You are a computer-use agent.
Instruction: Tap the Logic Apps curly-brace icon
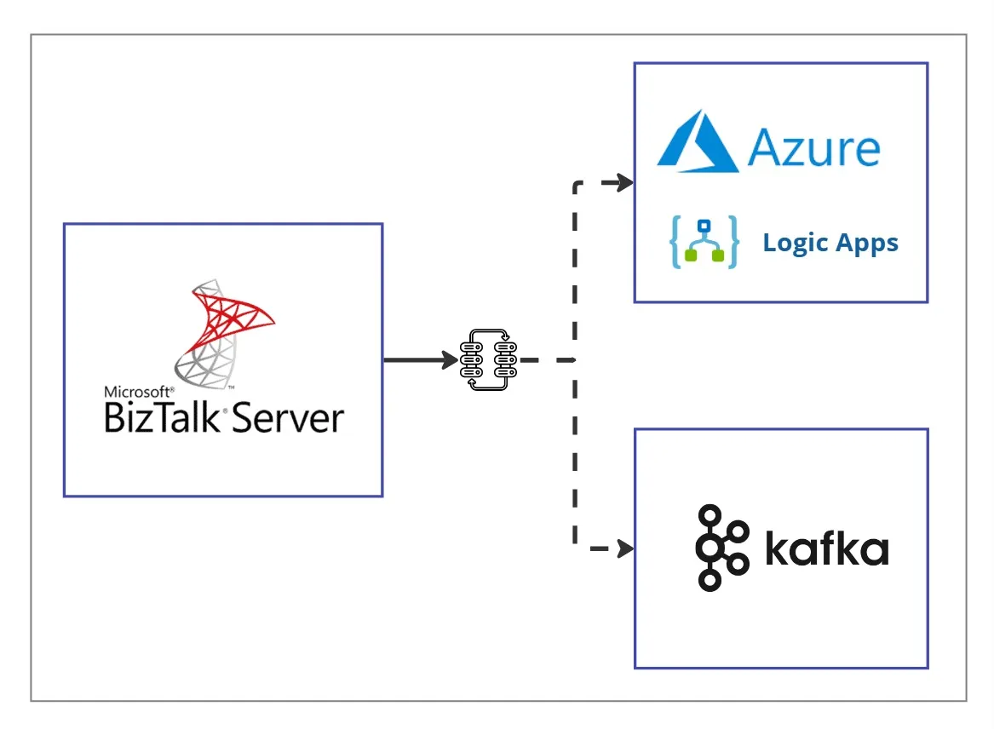(x=704, y=244)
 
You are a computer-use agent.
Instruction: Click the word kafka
(x=826, y=549)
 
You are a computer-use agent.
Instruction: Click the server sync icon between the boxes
(x=489, y=360)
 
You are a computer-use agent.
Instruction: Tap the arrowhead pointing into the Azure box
(x=625, y=183)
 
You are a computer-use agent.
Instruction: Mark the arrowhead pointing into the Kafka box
(x=625, y=549)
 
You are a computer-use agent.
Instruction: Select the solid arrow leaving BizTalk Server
(x=421, y=360)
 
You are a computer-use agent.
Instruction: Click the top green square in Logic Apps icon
(x=704, y=227)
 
